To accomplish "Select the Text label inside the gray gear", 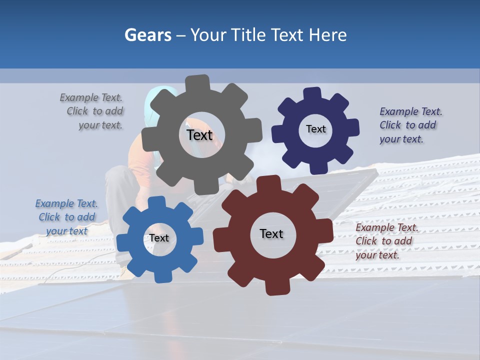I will [199, 135].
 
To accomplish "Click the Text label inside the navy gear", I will [315, 129].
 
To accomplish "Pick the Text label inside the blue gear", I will [159, 238].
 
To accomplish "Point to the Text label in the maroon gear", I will [271, 233].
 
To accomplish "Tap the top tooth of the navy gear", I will [312, 93].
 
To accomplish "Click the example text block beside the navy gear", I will [410, 125].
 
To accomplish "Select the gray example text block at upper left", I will [93, 111].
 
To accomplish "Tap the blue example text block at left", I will [66, 217].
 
